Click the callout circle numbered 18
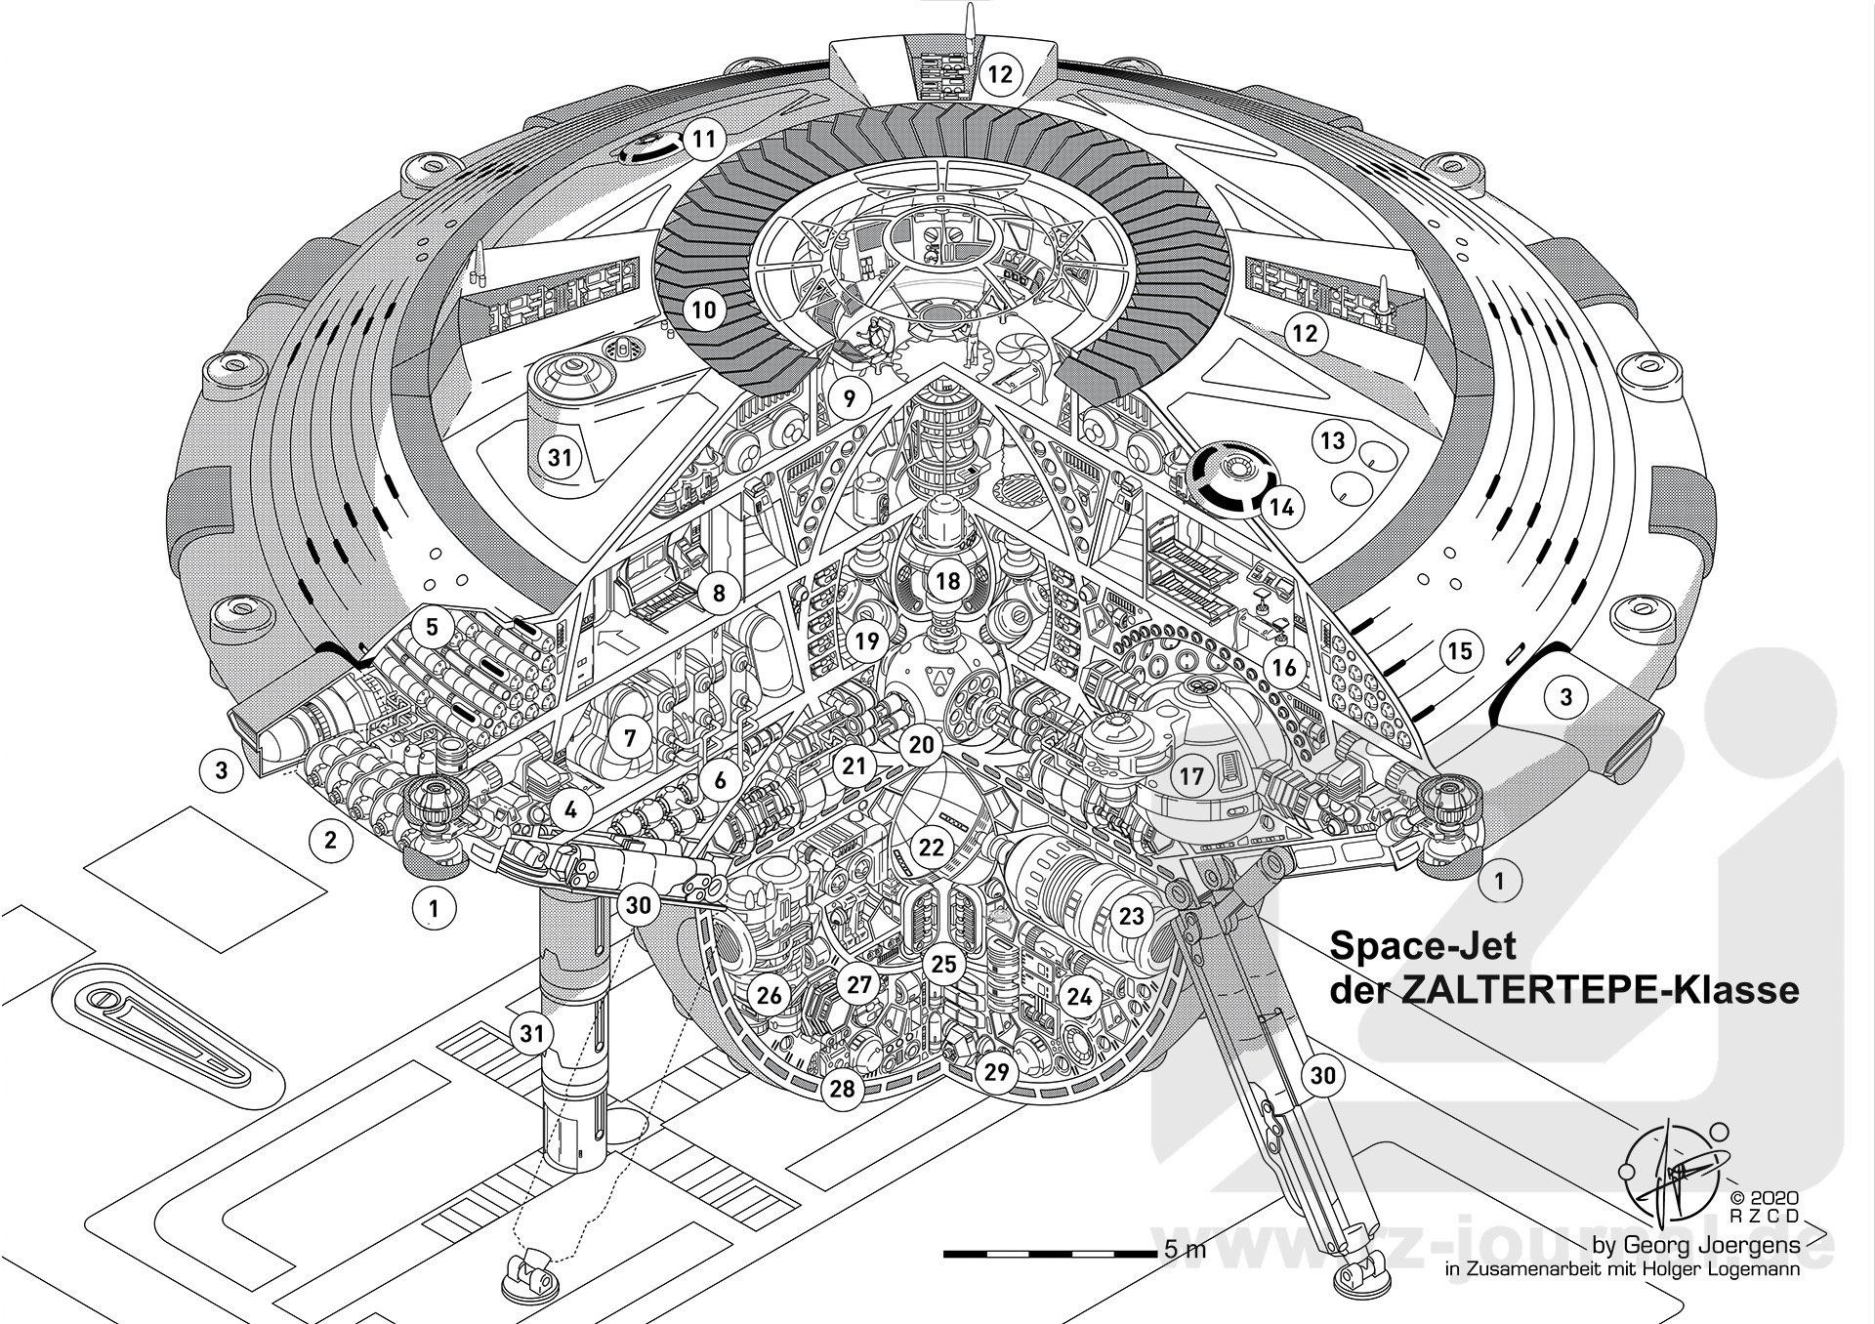pyautogui.click(x=947, y=582)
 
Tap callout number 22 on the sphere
pyautogui.click(x=932, y=847)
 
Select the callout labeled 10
pyautogui.click(x=704, y=311)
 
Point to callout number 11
pyautogui.click(x=704, y=140)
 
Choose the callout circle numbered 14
pyautogui.click(x=1282, y=507)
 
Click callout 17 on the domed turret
pyautogui.click(x=1191, y=777)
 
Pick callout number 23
pyautogui.click(x=1131, y=917)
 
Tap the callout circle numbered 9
pyautogui.click(x=850, y=397)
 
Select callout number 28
pyautogui.click(x=843, y=1089)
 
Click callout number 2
pyautogui.click(x=331, y=839)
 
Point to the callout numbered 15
pyautogui.click(x=1460, y=651)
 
